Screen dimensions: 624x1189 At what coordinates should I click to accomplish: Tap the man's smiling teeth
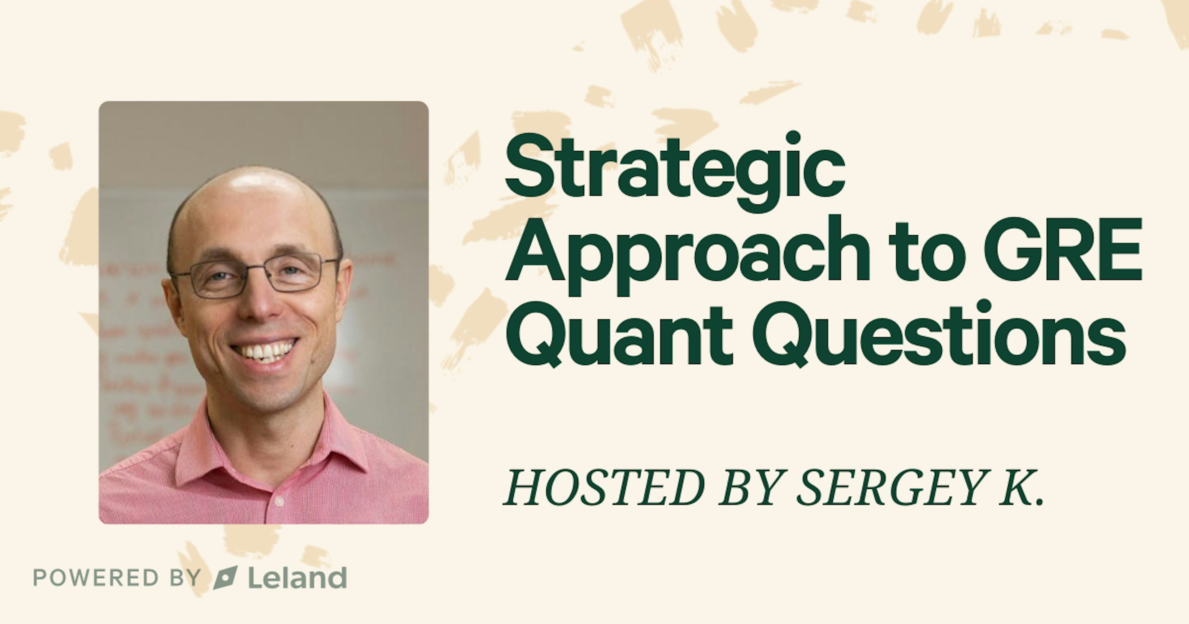pyautogui.click(x=264, y=351)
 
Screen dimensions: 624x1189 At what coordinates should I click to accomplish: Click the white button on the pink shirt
pyautogui.click(x=279, y=501)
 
